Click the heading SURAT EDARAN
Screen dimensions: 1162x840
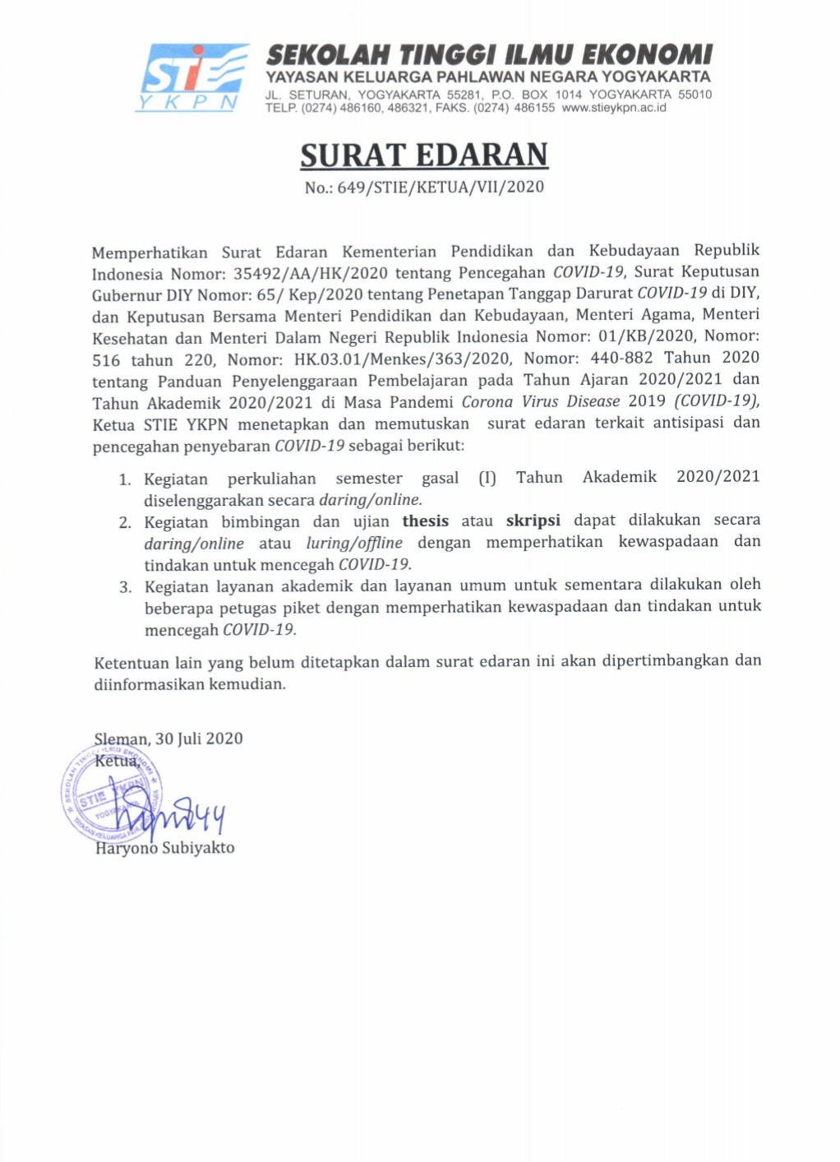[x=423, y=155]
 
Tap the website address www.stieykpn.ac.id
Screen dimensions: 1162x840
[x=614, y=108]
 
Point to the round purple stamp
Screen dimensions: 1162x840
[x=110, y=793]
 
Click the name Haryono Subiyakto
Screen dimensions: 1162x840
[x=164, y=848]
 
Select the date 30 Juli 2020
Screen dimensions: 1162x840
[x=199, y=738]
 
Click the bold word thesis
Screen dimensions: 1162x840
[x=425, y=521]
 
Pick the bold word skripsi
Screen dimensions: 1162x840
[x=533, y=521]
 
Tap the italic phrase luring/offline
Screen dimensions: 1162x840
[x=354, y=543]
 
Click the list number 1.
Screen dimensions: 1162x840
[x=125, y=479]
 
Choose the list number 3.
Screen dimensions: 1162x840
[x=125, y=587]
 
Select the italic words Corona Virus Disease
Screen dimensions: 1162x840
[x=540, y=401]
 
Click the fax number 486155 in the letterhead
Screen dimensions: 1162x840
[x=534, y=108]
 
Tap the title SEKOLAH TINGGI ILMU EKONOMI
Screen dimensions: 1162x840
[x=489, y=55]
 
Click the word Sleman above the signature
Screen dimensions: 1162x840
[x=121, y=739]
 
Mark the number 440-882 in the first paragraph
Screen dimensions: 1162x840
[x=621, y=358]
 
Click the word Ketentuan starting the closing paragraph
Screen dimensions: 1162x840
[x=131, y=663]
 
